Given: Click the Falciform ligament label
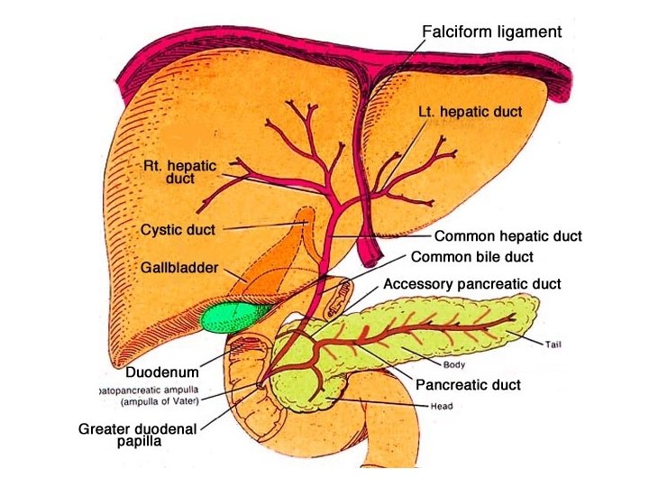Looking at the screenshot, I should [491, 32].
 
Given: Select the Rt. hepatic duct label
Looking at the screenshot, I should [180, 172].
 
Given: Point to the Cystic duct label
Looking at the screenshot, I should [178, 230].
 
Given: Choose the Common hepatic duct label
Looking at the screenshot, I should [507, 237].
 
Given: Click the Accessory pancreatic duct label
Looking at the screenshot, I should [471, 284].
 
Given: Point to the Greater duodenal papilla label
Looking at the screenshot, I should [138, 436].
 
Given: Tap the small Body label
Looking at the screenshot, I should [453, 365].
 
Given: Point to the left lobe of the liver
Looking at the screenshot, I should [451, 171].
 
